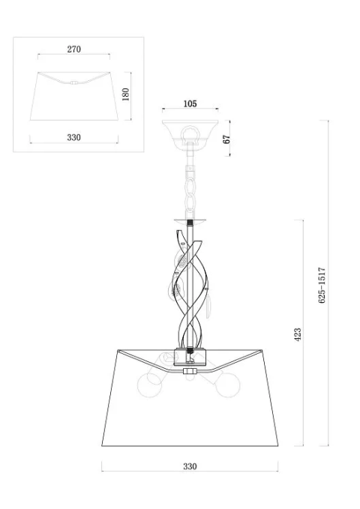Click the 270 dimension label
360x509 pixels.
[x=73, y=49]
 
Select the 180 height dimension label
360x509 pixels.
[x=125, y=94]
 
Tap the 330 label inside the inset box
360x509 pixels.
[x=73, y=137]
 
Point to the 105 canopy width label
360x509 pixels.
[x=190, y=104]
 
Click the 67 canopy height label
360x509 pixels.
[x=226, y=139]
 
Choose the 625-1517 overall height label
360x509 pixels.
[x=322, y=286]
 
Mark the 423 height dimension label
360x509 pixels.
[x=297, y=334]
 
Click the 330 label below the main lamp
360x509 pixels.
[x=190, y=466]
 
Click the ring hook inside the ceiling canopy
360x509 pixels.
[x=190, y=133]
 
